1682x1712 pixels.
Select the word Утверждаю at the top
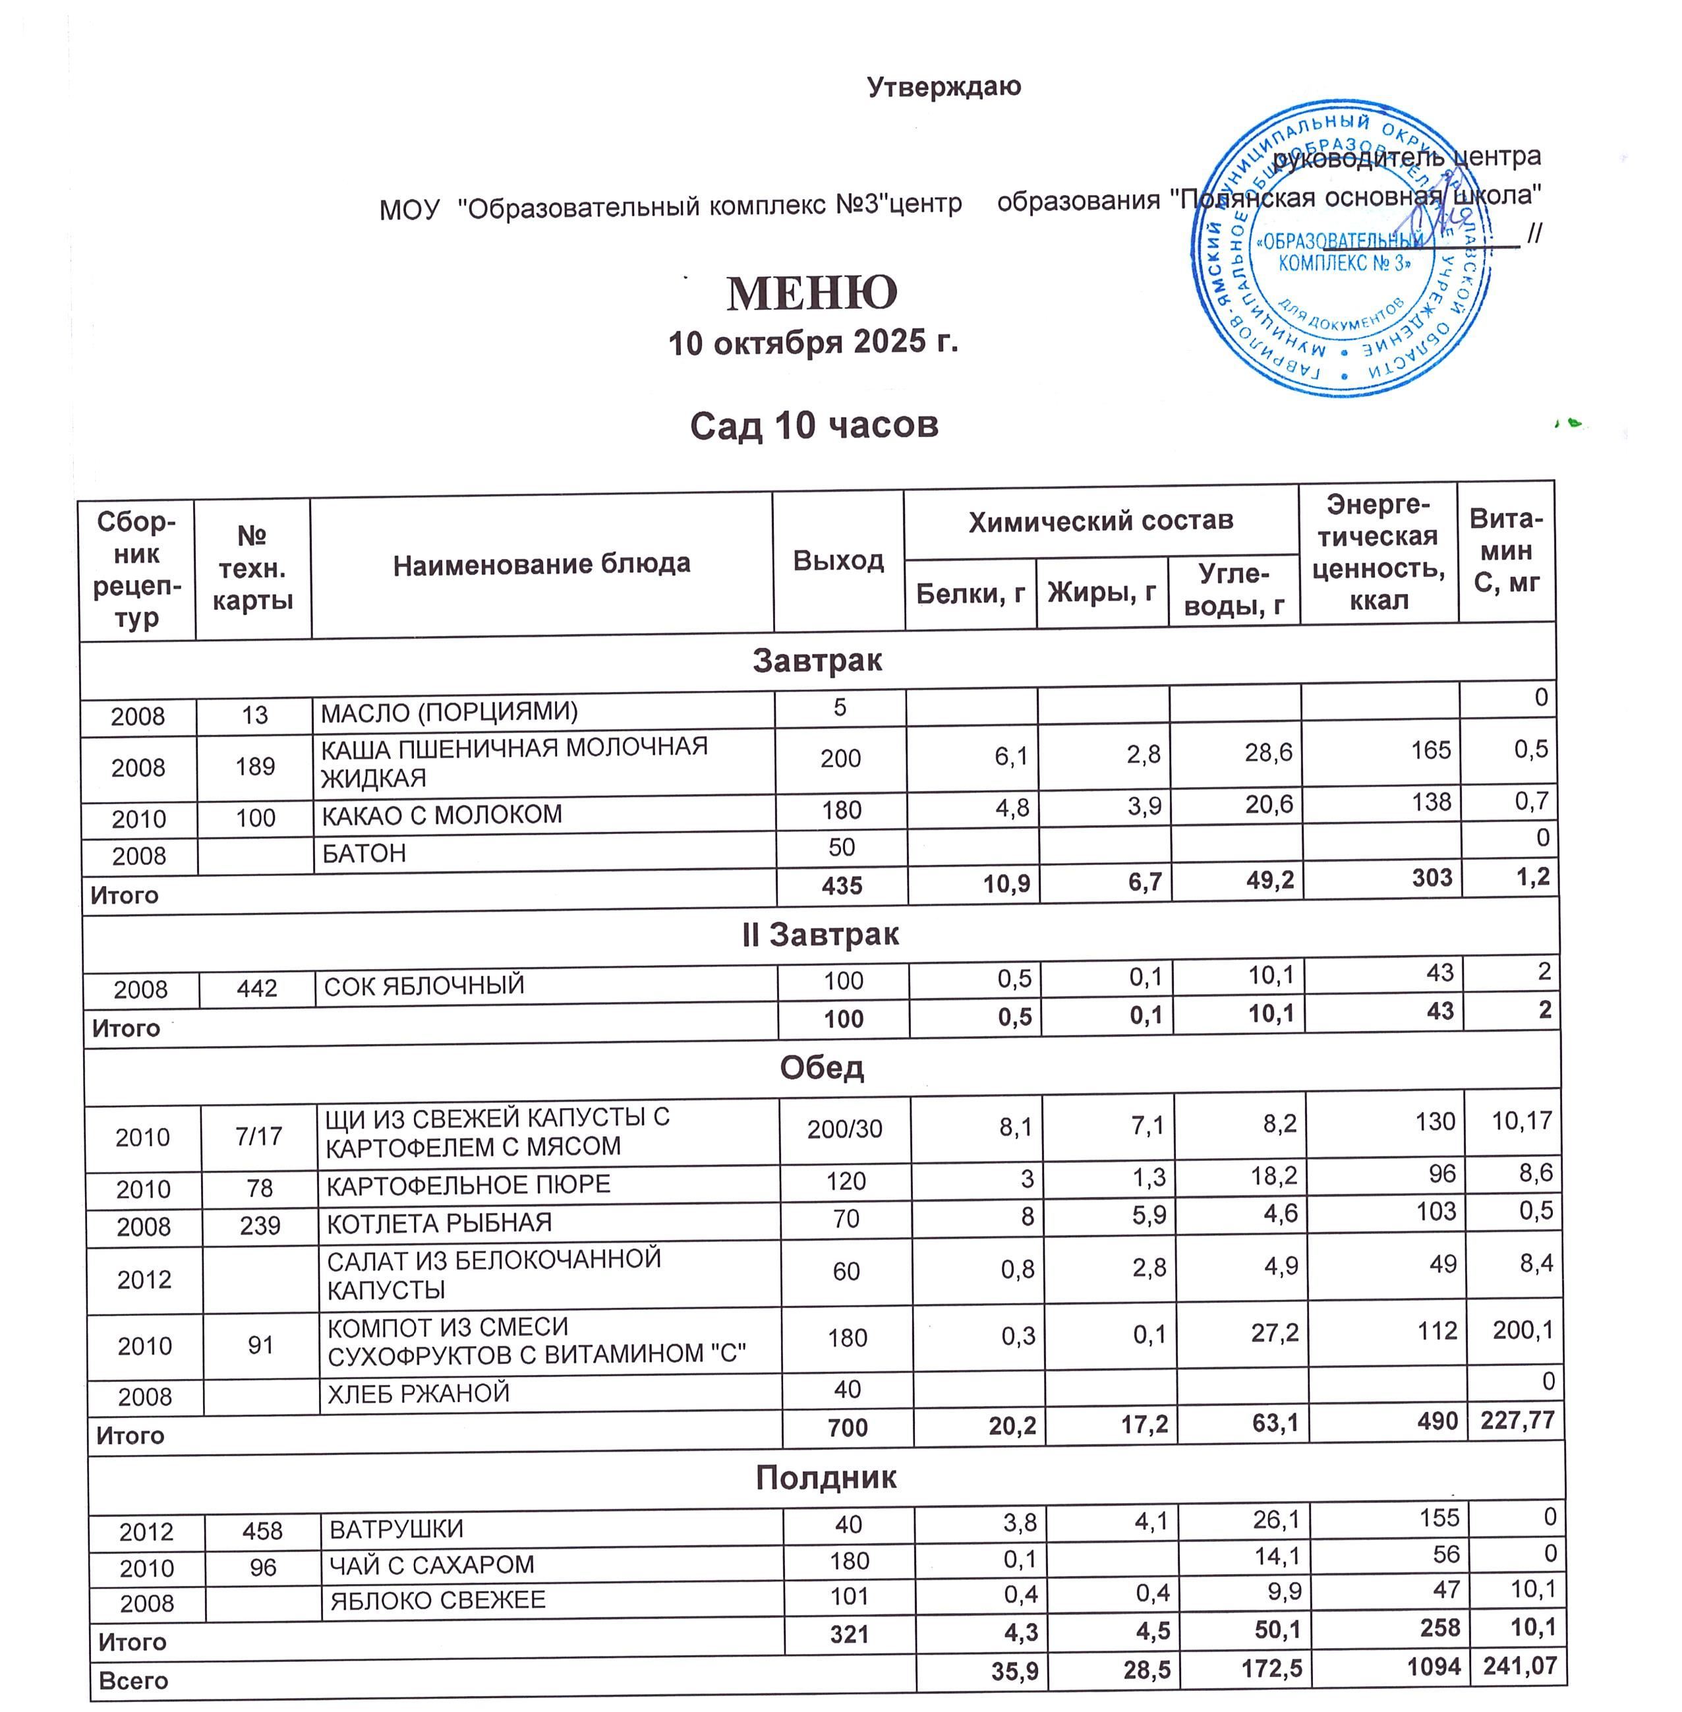pos(943,86)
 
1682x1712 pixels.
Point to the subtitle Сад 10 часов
pos(813,426)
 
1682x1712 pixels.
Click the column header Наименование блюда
pos(542,564)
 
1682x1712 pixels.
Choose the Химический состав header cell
pos(1101,521)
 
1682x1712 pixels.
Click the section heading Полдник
pos(826,1477)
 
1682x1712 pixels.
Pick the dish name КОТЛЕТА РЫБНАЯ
pos(439,1224)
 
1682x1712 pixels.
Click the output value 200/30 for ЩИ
pos(844,1129)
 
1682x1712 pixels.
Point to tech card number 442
pos(257,988)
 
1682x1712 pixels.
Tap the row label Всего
pos(133,1680)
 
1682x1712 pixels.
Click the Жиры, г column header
pos(1101,592)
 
